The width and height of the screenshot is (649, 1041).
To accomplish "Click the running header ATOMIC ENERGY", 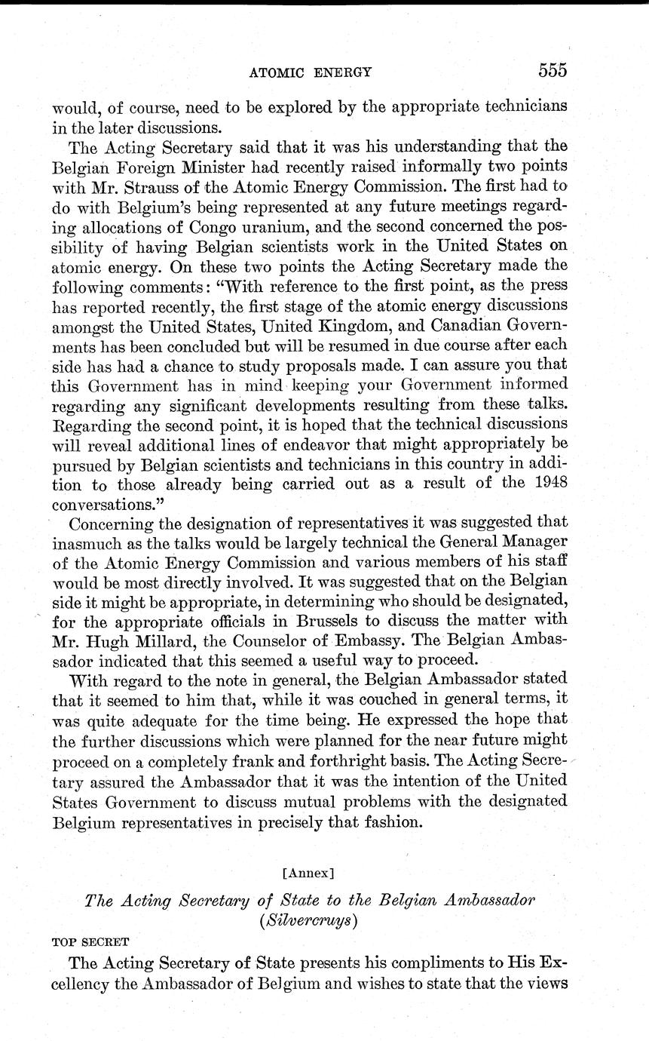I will click(x=311, y=72).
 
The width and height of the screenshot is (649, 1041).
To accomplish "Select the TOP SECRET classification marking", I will click(x=90, y=942).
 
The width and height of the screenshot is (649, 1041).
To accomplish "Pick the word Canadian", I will click(x=481, y=349).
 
